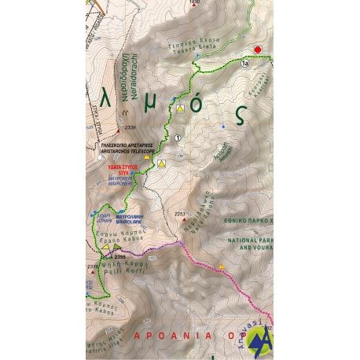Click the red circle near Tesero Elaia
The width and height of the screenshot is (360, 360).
(259, 50)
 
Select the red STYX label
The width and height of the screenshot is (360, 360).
(119, 169)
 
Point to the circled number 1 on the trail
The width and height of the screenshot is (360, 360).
(178, 138)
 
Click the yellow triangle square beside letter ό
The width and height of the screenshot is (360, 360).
(181, 108)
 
